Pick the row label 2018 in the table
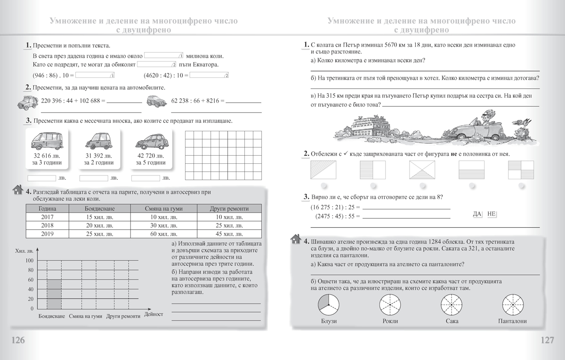point(47,225)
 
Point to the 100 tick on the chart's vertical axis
point(29,261)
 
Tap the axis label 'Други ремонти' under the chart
point(123,317)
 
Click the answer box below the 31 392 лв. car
point(94,178)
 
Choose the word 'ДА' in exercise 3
point(476,214)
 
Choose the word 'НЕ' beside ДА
point(492,214)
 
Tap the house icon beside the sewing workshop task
point(296,239)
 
